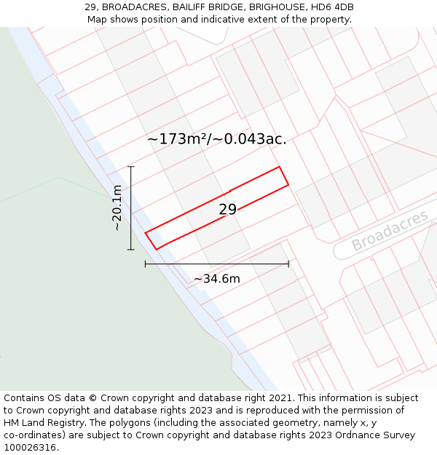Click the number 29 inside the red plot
click(x=227, y=210)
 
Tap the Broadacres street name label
click(x=390, y=231)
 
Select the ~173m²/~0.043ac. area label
click(x=216, y=139)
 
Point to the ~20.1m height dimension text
click(x=117, y=207)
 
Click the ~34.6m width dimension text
click(x=216, y=278)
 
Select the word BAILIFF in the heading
click(x=192, y=7)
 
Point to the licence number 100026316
click(x=30, y=448)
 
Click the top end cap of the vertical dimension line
click(x=131, y=167)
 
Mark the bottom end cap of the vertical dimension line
click(x=131, y=250)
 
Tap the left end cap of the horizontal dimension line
click(x=146, y=264)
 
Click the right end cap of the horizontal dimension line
click(x=288, y=264)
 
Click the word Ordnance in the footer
click(x=366, y=435)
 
